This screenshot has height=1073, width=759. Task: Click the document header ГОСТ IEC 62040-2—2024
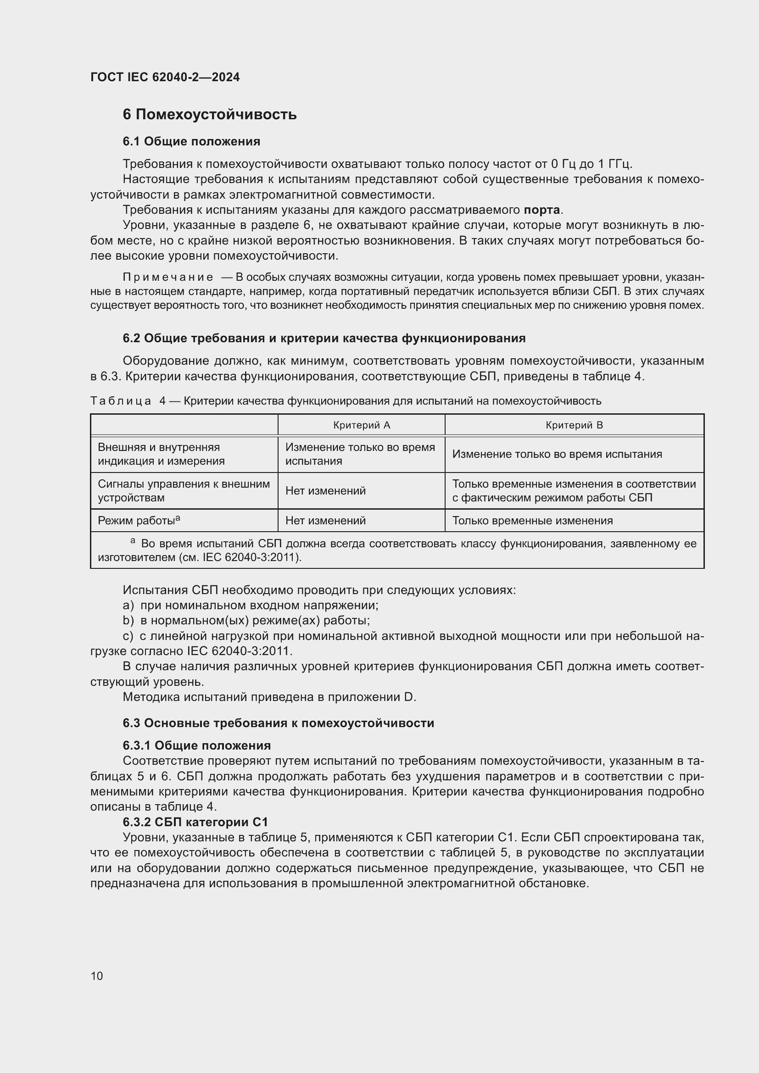[x=165, y=77]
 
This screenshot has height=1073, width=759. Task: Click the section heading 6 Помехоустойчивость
[x=209, y=115]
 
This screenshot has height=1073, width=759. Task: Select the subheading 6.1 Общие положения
[x=191, y=141]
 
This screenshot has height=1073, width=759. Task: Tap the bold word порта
[x=541, y=210]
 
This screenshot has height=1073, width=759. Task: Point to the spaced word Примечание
[x=168, y=277]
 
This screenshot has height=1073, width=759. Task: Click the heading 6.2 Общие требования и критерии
[x=324, y=338]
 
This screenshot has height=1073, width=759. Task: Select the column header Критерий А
[x=361, y=425]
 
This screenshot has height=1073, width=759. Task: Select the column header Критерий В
[x=574, y=425]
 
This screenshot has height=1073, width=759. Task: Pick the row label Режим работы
[x=138, y=521]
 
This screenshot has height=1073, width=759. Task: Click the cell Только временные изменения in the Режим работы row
[x=532, y=521]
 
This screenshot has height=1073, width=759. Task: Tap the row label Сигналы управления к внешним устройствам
[x=184, y=491]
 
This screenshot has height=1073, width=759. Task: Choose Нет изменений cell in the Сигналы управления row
[x=325, y=491]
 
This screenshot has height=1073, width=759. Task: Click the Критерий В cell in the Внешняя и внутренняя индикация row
[x=557, y=454]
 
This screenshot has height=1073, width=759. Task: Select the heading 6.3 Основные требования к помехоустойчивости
[x=278, y=723]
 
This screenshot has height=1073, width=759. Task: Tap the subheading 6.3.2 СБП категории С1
[x=195, y=822]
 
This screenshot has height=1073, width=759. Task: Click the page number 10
[x=97, y=976]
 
